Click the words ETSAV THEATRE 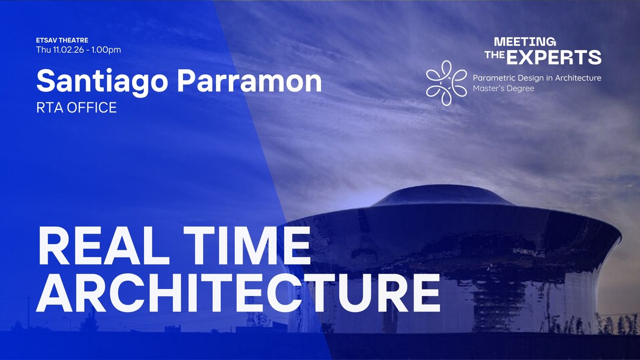click(x=62, y=40)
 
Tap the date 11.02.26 click(x=68, y=50)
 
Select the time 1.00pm click(x=106, y=50)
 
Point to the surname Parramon click(x=250, y=81)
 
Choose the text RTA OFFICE click(x=77, y=108)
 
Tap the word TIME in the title click(x=247, y=246)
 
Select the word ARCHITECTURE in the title click(x=238, y=293)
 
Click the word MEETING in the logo click(x=525, y=42)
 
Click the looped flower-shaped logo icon click(x=446, y=83)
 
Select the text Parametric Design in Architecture click(x=537, y=78)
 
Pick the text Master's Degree click(x=503, y=89)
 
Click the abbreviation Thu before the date click(x=43, y=50)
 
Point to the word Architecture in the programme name click(x=578, y=78)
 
